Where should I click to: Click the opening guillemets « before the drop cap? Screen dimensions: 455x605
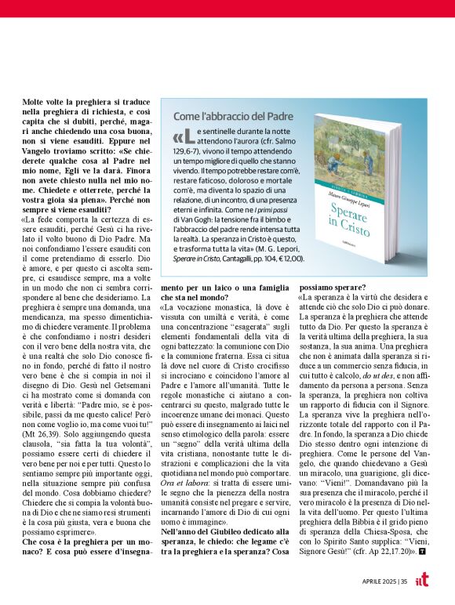coord(178,139)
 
